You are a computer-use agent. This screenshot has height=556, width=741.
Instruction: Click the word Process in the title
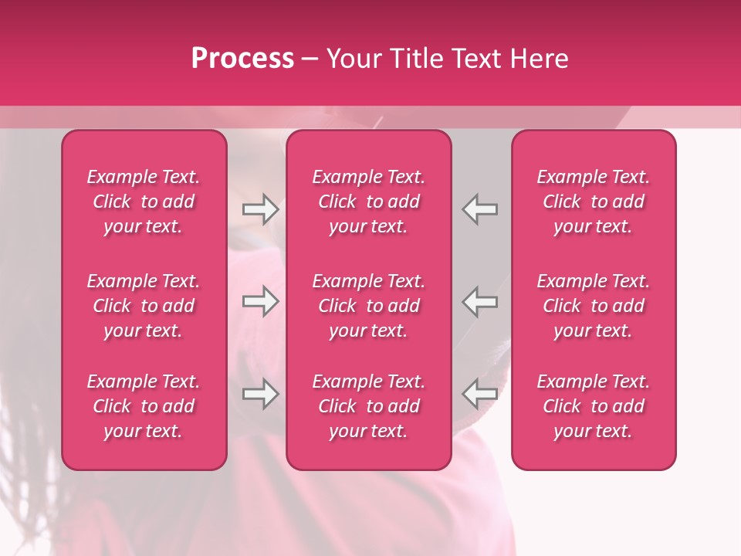pos(242,59)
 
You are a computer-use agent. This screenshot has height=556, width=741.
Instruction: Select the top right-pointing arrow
pos(260,209)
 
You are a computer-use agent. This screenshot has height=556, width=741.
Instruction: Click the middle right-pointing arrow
pos(260,301)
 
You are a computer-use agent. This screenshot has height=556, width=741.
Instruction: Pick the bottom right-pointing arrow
pos(260,394)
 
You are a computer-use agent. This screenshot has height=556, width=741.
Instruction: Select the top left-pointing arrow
pos(480,209)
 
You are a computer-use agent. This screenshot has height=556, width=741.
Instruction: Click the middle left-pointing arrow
pos(480,301)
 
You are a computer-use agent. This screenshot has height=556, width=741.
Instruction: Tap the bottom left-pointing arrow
pos(480,394)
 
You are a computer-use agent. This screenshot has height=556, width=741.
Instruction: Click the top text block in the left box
pos(144,202)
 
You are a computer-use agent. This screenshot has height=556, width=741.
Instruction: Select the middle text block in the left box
pos(144,306)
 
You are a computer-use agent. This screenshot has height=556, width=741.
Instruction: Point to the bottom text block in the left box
pos(144,406)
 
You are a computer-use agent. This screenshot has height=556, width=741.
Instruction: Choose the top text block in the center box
pos(368,202)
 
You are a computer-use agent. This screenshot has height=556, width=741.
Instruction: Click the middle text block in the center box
pos(368,306)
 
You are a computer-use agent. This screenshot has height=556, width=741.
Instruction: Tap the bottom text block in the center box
pos(368,406)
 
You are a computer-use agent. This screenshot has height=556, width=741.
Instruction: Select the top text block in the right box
pos(593,202)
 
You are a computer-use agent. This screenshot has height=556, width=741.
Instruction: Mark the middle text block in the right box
pos(593,306)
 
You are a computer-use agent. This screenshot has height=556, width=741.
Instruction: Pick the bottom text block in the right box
pos(593,406)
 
